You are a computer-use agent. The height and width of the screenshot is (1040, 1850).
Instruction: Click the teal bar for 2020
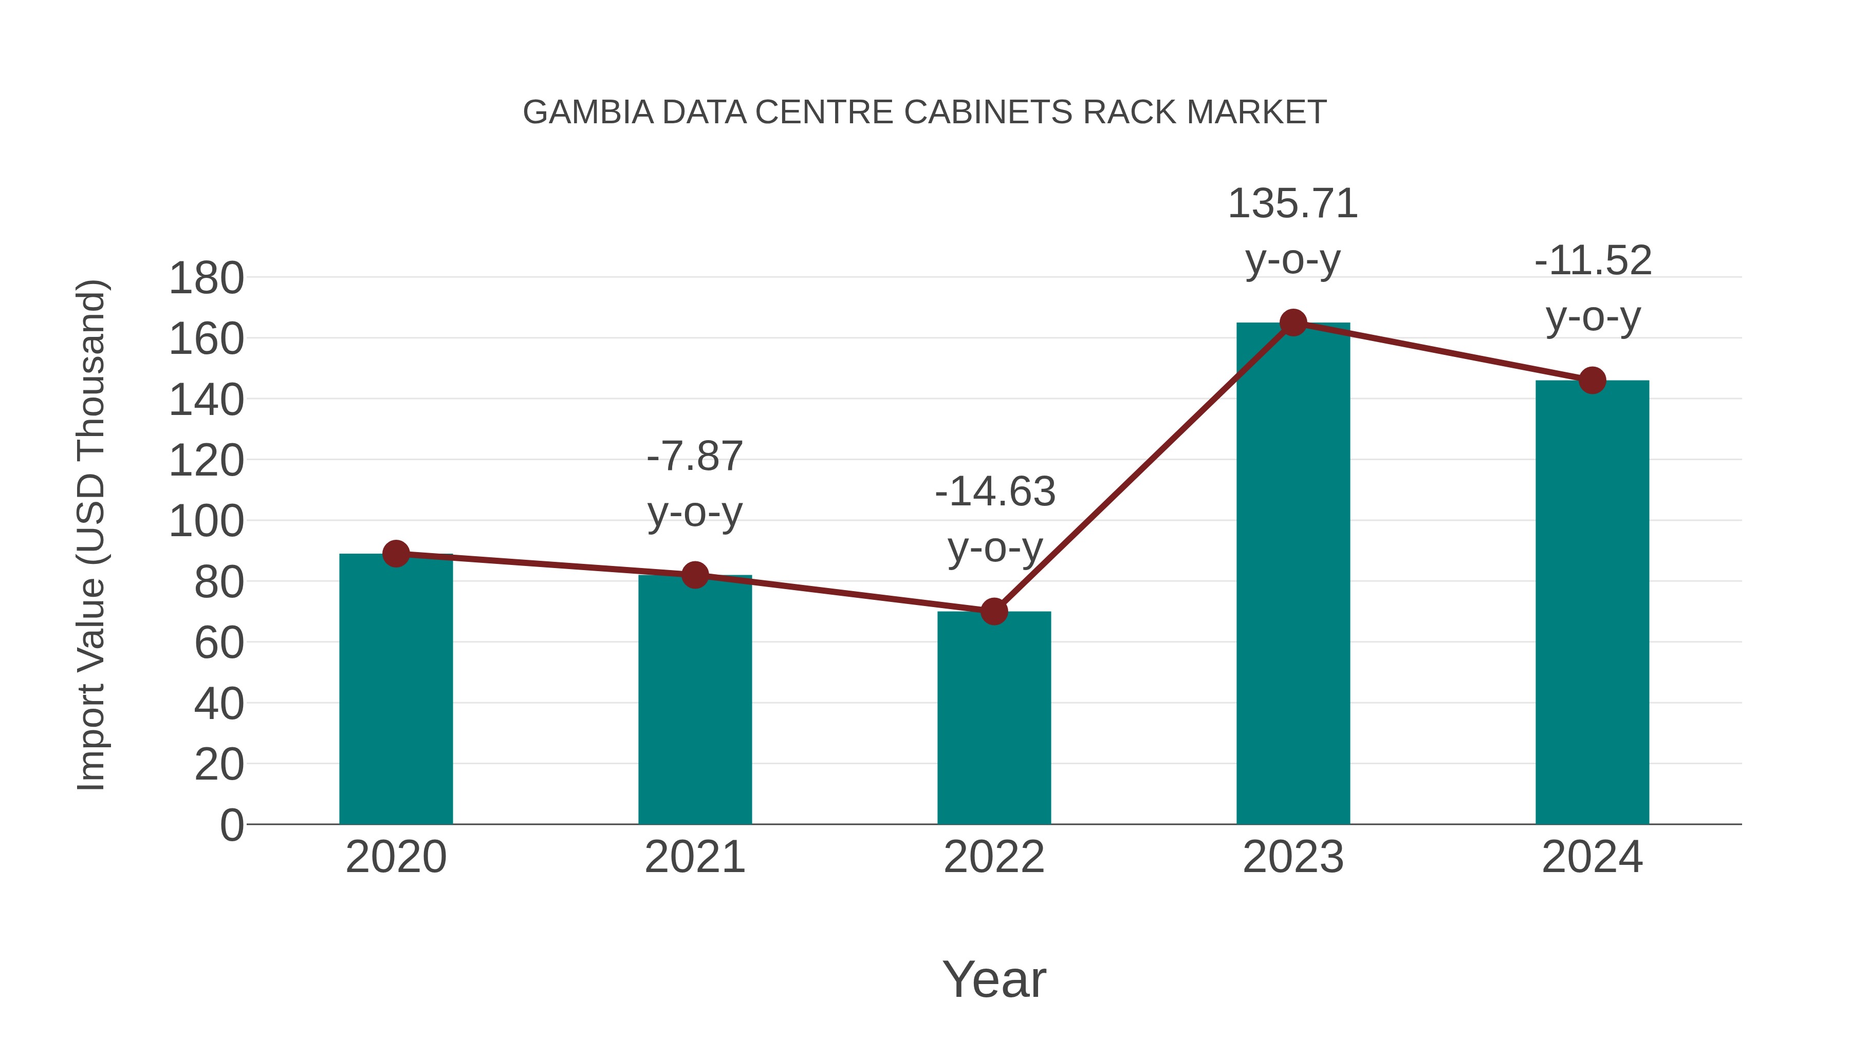(396, 689)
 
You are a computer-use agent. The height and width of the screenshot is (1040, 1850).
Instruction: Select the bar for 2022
(994, 718)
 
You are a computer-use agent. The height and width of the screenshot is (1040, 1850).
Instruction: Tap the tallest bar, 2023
(1293, 574)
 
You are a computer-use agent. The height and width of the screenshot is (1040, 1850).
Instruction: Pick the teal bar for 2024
(1592, 603)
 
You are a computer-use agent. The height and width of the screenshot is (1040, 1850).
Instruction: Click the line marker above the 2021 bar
(694, 575)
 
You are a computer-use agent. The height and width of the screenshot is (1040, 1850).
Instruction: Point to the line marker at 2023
(1293, 323)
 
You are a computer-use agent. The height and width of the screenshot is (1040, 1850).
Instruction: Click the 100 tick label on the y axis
(206, 522)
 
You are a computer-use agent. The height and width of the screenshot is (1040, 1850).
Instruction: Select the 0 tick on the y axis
(231, 825)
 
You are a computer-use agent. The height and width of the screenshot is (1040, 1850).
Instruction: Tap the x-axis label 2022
(994, 857)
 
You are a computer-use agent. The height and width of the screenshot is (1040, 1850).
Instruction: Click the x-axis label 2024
(1592, 857)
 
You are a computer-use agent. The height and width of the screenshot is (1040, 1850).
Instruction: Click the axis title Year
(994, 980)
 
